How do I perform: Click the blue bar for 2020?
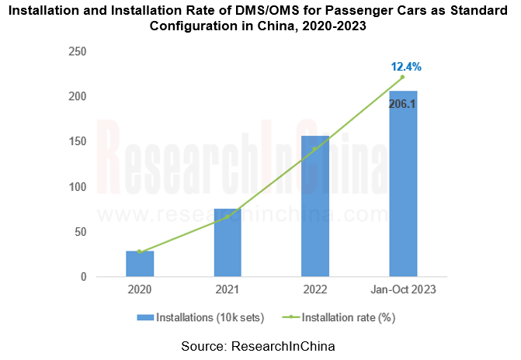[140, 264]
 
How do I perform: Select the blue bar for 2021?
[228, 243]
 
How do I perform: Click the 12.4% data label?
[405, 67]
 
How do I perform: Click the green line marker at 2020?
[140, 251]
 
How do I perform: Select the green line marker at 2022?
[315, 149]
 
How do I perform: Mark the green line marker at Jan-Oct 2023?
[403, 77]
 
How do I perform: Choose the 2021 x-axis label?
[228, 290]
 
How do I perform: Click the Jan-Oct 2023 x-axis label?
[403, 290]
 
